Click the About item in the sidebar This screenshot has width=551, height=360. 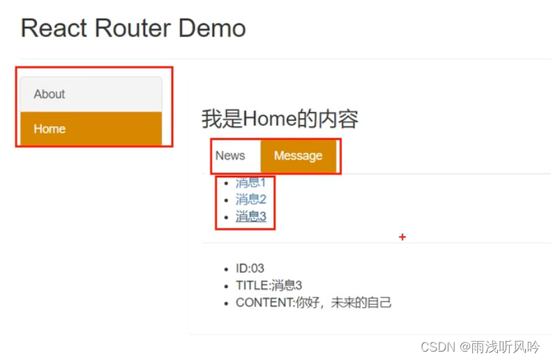tap(50, 94)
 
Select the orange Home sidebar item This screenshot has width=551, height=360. tap(50, 129)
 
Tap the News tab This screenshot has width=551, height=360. tap(230, 156)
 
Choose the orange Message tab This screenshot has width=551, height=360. tap(298, 156)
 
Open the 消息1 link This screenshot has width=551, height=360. tap(250, 183)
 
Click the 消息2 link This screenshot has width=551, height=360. tap(250, 200)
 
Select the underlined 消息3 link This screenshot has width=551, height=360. tap(250, 216)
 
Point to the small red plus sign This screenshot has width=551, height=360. tap(402, 237)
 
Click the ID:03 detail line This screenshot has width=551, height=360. tap(250, 269)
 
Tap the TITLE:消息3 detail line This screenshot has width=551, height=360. tap(269, 285)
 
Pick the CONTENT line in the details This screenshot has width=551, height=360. tap(313, 303)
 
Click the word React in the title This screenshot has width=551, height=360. tap(54, 29)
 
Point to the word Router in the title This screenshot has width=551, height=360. tap(131, 29)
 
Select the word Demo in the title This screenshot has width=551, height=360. tap(212, 29)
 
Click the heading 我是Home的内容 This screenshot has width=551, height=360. tap(280, 119)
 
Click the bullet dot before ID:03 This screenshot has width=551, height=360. tap(225, 269)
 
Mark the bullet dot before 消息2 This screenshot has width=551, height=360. tap(225, 200)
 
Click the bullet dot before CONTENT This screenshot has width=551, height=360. tap(225, 303)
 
